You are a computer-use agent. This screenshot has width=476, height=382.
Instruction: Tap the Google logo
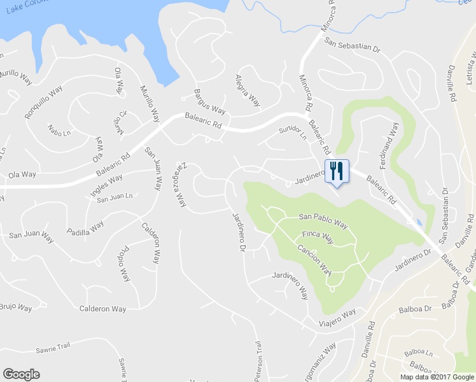click(x=21, y=374)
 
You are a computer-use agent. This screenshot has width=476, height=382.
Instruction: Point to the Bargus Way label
click(x=210, y=99)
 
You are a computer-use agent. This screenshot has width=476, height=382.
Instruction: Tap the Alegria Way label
click(x=248, y=90)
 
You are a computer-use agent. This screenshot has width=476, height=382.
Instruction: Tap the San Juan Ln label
click(x=115, y=197)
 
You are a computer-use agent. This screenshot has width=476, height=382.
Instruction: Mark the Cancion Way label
click(x=314, y=257)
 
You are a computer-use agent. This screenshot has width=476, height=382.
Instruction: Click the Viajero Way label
click(x=337, y=318)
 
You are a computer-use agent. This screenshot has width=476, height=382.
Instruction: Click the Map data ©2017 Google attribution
click(x=437, y=377)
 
